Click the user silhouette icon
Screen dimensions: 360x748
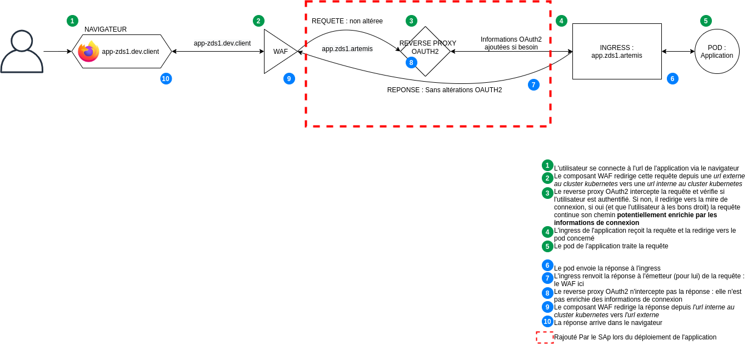coord(22,52)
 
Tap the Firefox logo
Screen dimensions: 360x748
coord(88,52)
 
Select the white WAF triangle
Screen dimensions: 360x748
coord(278,52)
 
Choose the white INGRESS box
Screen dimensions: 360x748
coord(617,52)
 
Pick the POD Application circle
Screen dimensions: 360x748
coord(717,52)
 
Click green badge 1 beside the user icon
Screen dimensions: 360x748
coord(72,21)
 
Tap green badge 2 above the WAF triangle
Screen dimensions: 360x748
coord(258,21)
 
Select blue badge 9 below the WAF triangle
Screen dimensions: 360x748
coord(289,79)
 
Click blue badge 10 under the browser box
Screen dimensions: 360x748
coord(166,79)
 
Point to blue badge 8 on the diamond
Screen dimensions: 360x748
coord(411,63)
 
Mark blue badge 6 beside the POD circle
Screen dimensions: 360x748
coord(672,79)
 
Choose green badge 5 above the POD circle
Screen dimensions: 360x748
coord(706,21)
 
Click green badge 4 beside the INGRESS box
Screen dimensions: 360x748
coord(561,21)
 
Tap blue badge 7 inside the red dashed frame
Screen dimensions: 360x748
coord(533,85)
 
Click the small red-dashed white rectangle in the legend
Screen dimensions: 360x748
coord(545,338)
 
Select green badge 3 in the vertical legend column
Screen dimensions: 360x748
coord(547,193)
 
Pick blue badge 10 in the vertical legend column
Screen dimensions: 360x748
coord(547,322)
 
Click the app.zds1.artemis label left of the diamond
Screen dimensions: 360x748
coord(347,49)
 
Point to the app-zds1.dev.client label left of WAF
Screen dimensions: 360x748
coord(222,43)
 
